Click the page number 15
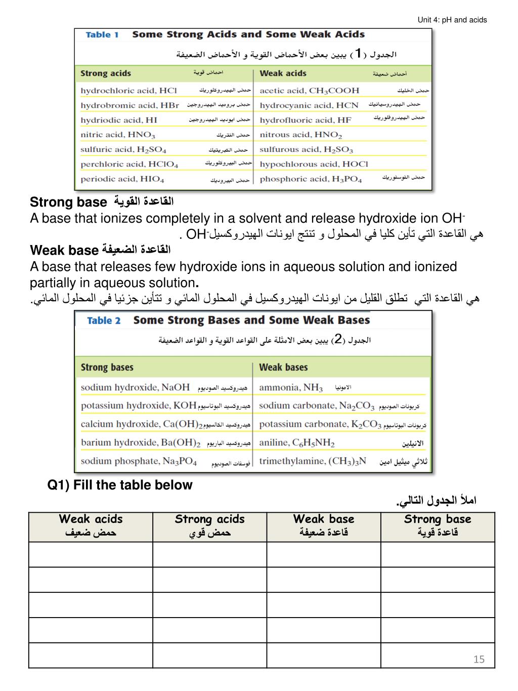[x=479, y=659]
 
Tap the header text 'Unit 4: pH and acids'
[x=452, y=20]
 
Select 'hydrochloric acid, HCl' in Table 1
[x=128, y=91]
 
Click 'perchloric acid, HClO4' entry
[x=129, y=164]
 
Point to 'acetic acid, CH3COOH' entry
[x=309, y=91]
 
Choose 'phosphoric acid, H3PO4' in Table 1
[x=311, y=179]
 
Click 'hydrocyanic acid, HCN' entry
[x=309, y=105]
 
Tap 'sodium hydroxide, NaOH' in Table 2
[x=135, y=387]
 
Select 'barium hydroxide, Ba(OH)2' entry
[x=141, y=442]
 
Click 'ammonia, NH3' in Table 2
[x=291, y=388]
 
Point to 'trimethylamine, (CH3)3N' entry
[x=312, y=461]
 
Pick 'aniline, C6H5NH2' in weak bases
[x=297, y=442]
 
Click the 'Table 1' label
[x=102, y=34]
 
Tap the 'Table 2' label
[x=104, y=320]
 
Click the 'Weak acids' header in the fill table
[x=91, y=519]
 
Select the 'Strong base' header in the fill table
[x=438, y=519]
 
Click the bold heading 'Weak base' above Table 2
[x=64, y=250]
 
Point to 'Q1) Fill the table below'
[x=120, y=485]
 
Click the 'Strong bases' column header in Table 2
[x=107, y=368]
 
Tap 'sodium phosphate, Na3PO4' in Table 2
[x=139, y=461]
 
